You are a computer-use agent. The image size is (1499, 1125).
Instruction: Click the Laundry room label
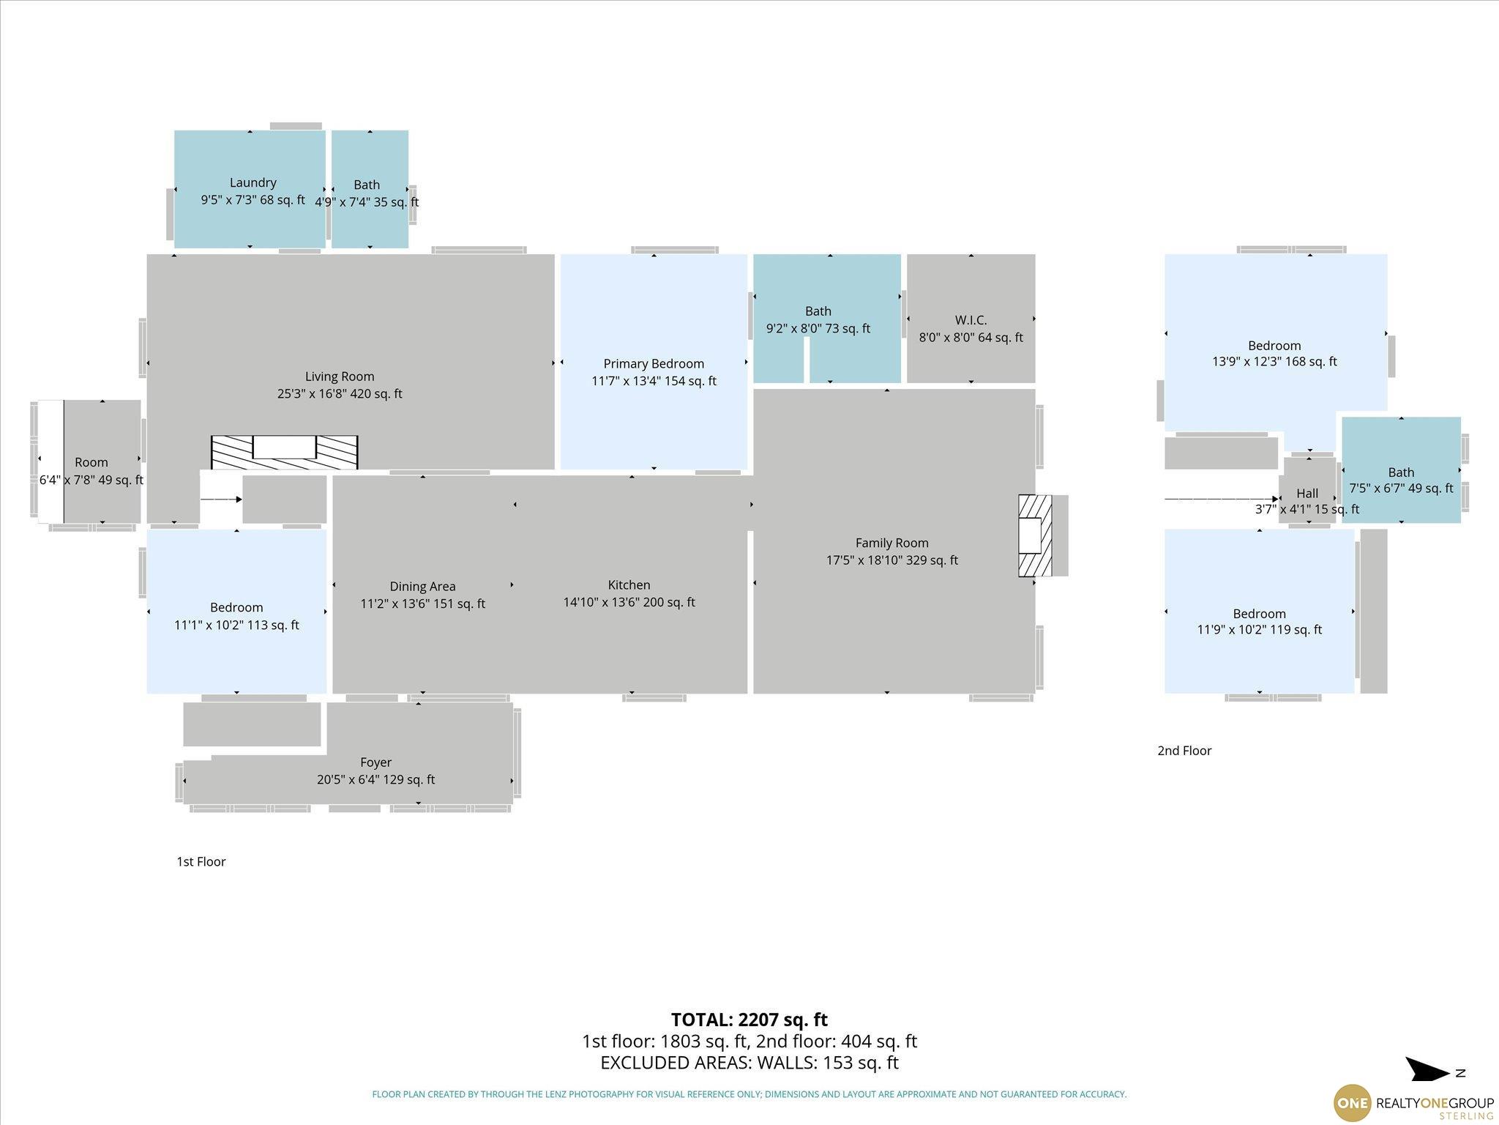coord(253,182)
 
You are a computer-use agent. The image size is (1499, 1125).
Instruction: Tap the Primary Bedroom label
coord(654,364)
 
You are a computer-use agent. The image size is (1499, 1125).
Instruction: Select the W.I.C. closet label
coord(971,320)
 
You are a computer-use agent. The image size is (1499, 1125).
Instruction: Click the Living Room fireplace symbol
coord(285,452)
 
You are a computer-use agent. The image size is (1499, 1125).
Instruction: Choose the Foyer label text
coord(375,762)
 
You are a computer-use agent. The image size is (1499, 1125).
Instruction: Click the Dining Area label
coord(422,587)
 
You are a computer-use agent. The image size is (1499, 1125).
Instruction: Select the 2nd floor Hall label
coord(1307,494)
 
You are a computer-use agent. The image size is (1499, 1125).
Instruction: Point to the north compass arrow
coord(1427,1070)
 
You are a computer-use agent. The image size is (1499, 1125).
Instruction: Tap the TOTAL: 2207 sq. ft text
coord(749,1020)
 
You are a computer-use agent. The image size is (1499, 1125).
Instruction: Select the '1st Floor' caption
coord(201,861)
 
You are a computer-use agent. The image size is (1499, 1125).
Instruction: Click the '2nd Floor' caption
coord(1184,751)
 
